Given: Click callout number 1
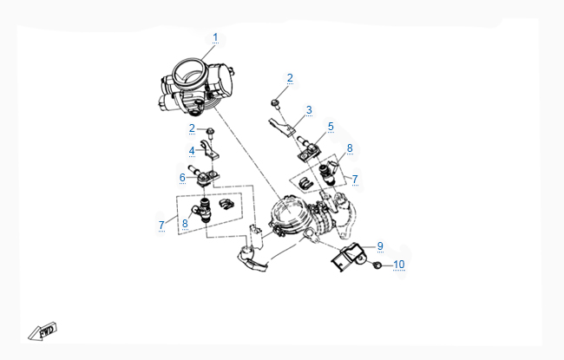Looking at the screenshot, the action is (215, 37).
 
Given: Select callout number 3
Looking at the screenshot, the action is (309, 110).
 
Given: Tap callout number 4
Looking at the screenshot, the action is (192, 151).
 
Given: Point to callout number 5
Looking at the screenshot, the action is (331, 127).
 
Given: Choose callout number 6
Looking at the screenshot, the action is (182, 178).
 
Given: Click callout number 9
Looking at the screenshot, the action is (380, 246).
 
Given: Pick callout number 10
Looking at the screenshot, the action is (398, 265).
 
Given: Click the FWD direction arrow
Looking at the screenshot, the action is (43, 331).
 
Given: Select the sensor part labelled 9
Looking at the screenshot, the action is (348, 257).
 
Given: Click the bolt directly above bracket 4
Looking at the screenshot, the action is (211, 133).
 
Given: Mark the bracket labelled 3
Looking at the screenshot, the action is (282, 128).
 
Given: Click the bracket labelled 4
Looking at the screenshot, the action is (210, 150).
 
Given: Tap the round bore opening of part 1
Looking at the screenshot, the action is (190, 74).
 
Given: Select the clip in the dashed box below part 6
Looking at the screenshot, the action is (226, 204).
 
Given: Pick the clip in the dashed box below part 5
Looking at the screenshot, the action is (306, 184).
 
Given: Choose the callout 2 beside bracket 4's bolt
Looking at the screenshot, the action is (192, 128).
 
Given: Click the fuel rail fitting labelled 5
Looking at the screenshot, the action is (307, 149).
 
